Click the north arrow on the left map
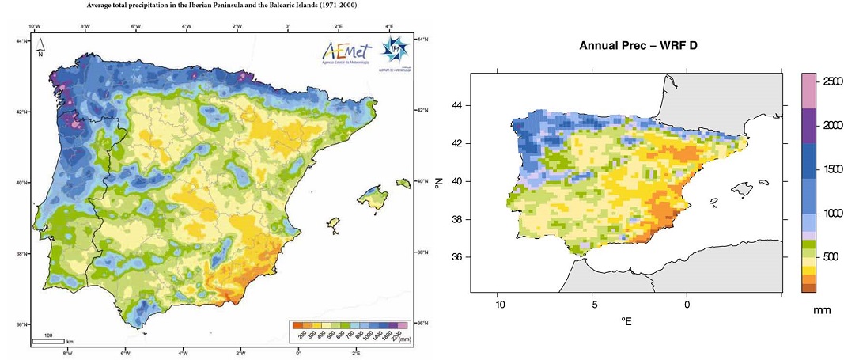40,50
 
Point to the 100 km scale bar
48,340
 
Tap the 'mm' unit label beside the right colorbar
822,311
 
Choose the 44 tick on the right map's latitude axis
458,105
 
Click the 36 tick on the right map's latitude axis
458,256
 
